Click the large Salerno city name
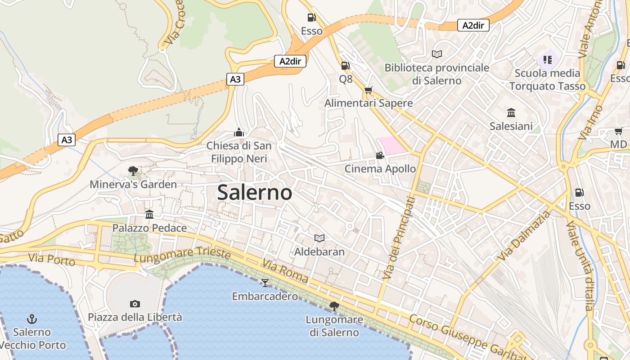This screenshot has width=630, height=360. (255, 193)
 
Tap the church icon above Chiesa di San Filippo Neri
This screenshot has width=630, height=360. (239, 132)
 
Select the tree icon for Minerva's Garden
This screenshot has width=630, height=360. (133, 171)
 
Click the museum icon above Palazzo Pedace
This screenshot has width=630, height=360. (149, 214)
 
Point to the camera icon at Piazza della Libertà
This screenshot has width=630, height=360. (135, 304)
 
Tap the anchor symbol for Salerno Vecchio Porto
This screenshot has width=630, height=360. (31, 319)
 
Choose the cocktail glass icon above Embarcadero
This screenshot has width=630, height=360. (265, 283)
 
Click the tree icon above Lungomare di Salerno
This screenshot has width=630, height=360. (334, 306)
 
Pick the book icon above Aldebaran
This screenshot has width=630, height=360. (319, 238)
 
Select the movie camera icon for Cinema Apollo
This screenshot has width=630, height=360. (380, 156)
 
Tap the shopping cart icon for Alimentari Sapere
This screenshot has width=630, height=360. (369, 90)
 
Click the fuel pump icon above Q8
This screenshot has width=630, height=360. (345, 66)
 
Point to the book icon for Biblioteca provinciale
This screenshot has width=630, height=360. (436, 54)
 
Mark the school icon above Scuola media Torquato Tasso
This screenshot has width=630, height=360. (547, 59)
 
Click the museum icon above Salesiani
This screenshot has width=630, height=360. (511, 112)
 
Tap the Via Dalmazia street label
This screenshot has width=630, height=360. (524, 236)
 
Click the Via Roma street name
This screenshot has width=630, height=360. (285, 271)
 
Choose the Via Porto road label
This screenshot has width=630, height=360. (51, 260)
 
